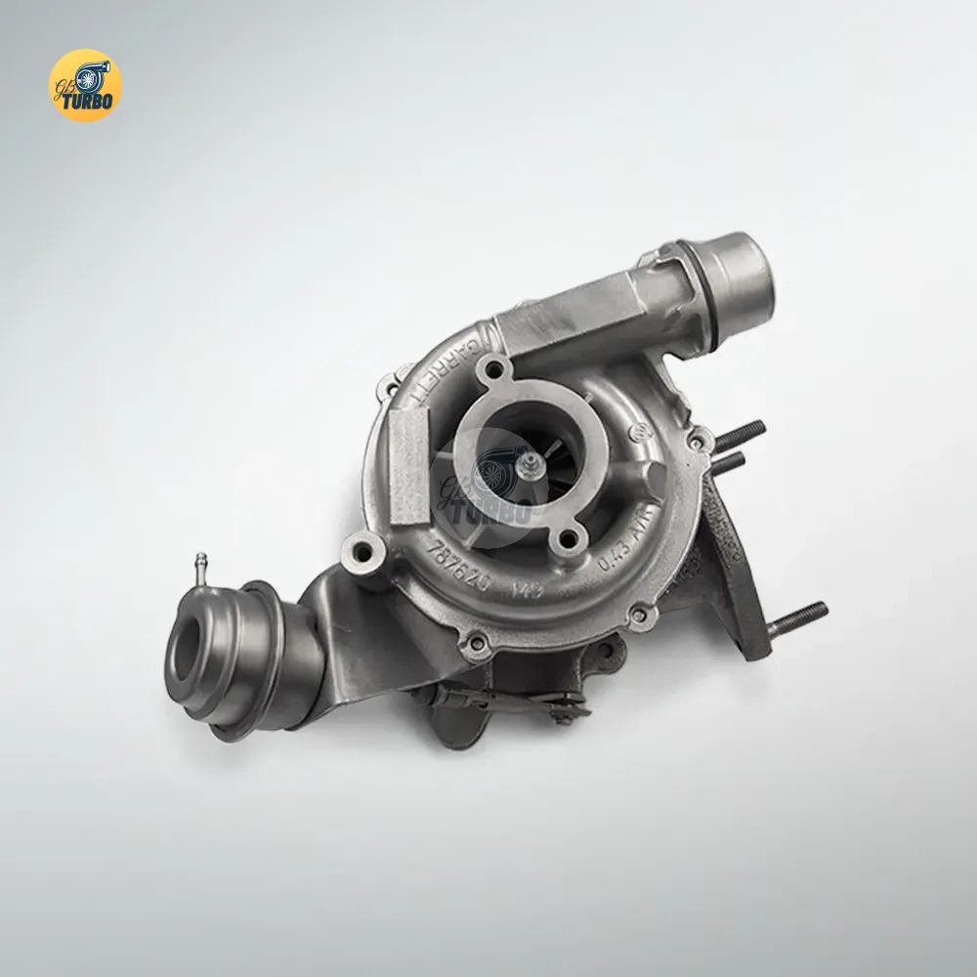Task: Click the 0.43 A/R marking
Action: (630, 532)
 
